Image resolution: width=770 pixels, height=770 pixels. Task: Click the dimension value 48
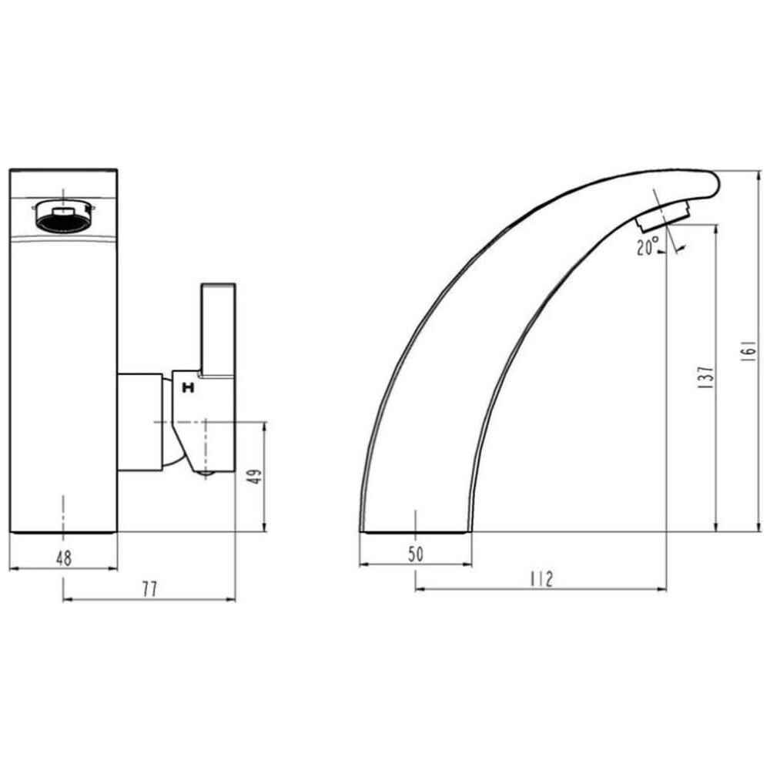[64, 558]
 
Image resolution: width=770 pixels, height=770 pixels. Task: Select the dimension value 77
[149, 589]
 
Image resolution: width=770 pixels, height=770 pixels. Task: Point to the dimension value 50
[416, 554]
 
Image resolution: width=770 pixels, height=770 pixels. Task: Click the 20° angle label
[648, 247]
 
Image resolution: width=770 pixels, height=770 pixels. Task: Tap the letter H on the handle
[186, 389]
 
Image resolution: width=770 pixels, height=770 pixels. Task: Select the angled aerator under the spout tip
[663, 215]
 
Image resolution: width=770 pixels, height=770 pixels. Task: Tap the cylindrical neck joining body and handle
[139, 422]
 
